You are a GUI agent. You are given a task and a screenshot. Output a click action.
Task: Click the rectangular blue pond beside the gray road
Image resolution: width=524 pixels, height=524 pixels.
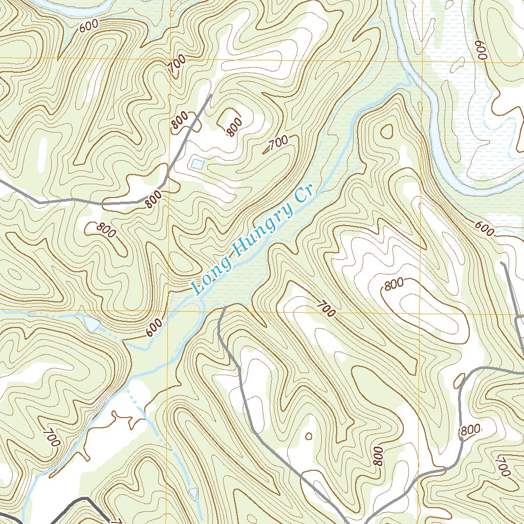coord(196,164)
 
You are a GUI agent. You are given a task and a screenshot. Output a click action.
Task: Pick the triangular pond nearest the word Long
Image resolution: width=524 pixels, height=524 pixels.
coord(92,323)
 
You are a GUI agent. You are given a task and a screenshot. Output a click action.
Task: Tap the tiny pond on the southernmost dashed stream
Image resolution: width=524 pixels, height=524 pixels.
coord(193,492)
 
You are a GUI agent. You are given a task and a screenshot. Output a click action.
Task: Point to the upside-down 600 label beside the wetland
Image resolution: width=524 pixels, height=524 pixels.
coord(481,50)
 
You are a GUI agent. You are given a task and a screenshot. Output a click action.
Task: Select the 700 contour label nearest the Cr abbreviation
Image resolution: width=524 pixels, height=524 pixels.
coord(277,143)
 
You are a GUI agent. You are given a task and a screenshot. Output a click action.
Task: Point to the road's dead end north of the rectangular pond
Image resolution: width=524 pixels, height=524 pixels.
coord(210,95)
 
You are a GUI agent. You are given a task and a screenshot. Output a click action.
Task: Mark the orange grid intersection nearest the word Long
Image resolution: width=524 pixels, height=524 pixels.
coord(168,311)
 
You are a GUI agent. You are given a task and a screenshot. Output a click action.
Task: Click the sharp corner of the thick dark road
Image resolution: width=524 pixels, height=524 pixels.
coord(85,498)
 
